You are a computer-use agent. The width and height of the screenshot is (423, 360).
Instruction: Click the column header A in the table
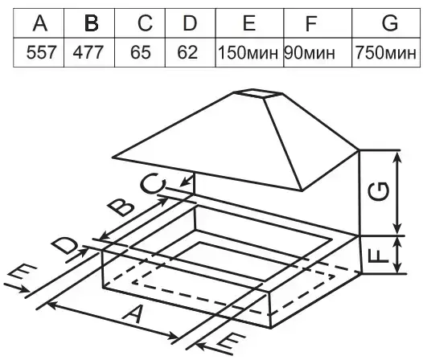pyautogui.click(x=40, y=23)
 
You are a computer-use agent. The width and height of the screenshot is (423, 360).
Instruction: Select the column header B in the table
pyautogui.click(x=91, y=23)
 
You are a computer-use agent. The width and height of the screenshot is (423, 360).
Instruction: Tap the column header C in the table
pyautogui.click(x=145, y=23)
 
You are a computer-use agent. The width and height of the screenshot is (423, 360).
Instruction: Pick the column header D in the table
pyautogui.click(x=190, y=23)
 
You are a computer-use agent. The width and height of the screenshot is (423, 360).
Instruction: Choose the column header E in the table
pyautogui.click(x=249, y=23)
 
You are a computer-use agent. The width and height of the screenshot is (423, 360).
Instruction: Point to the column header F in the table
pyautogui.click(x=310, y=23)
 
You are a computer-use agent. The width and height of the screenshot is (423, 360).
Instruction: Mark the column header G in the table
pyautogui.click(x=390, y=23)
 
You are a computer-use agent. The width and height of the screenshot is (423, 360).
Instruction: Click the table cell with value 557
pyautogui.click(x=42, y=52)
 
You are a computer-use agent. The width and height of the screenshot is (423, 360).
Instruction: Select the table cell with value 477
pyautogui.click(x=88, y=52)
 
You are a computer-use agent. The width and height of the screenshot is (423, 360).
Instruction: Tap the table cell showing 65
pyautogui.click(x=141, y=52)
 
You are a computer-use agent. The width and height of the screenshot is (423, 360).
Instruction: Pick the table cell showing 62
pyautogui.click(x=187, y=52)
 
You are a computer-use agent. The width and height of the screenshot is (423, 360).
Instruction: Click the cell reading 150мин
pyautogui.click(x=248, y=52)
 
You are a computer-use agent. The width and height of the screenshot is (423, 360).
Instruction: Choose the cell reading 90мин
pyautogui.click(x=310, y=52)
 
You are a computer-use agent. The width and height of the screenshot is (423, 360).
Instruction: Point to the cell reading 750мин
pyautogui.click(x=386, y=52)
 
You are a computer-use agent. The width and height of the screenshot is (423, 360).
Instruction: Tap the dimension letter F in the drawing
pyautogui.click(x=378, y=256)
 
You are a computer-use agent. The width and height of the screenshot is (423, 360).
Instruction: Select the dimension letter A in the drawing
pyautogui.click(x=133, y=314)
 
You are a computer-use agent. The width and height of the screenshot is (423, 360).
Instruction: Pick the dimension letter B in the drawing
pyautogui.click(x=121, y=207)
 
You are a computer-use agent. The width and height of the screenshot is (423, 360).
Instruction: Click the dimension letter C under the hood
pyautogui.click(x=153, y=183)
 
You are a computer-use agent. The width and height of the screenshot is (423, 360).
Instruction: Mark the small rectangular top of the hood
pyautogui.click(x=258, y=93)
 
